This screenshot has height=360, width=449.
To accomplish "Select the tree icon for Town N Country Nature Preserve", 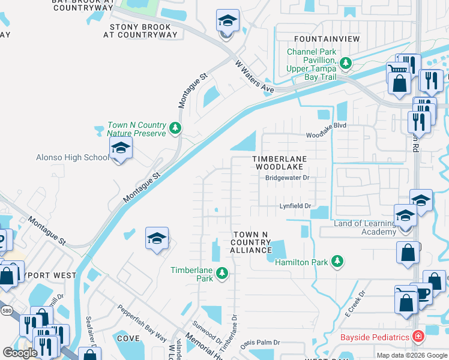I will pyautogui.click(x=175, y=127).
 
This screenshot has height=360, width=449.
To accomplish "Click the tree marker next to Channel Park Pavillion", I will pyautogui.click(x=345, y=62).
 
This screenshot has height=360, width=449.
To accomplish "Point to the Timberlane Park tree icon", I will pyautogui.click(x=222, y=274).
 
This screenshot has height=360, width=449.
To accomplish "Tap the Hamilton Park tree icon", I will pyautogui.click(x=337, y=260).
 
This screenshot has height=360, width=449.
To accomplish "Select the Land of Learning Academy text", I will pyautogui.click(x=365, y=228).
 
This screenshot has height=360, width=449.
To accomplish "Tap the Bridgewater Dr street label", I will pyautogui.click(x=287, y=178).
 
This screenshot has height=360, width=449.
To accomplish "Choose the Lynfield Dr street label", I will pyautogui.click(x=296, y=206).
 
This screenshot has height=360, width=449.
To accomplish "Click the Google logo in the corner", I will pyautogui.click(x=20, y=353).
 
